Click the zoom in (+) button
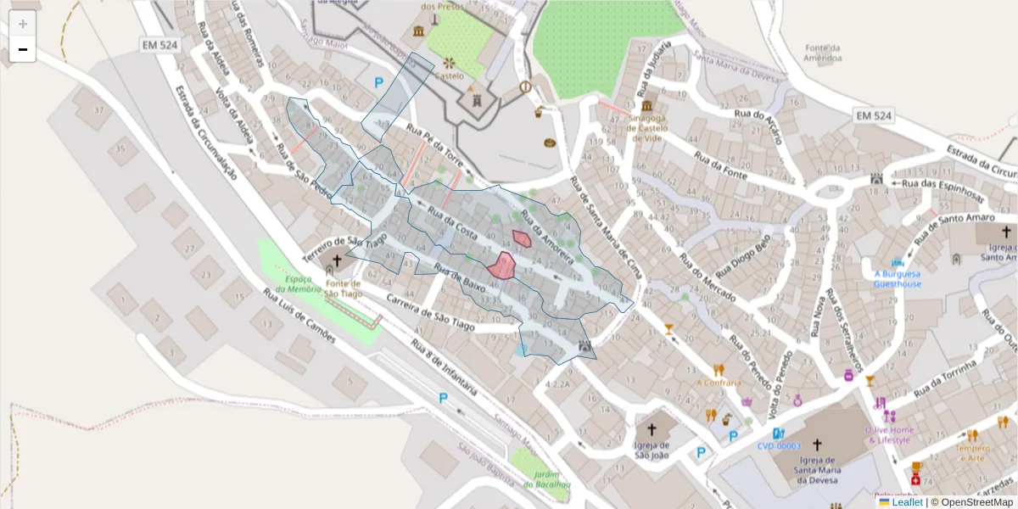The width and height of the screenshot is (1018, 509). pyautogui.click(x=23, y=24)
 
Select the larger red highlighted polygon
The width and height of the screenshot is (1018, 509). pyautogui.click(x=501, y=266)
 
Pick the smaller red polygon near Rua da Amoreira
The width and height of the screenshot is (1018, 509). pyautogui.click(x=522, y=238)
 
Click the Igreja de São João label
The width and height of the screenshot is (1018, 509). pyautogui.click(x=652, y=450)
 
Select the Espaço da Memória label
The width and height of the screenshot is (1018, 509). pyautogui.click(x=303, y=283)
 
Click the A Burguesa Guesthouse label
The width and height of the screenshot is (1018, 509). pyautogui.click(x=898, y=278)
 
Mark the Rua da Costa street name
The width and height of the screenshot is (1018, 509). pyautogui.click(x=453, y=222)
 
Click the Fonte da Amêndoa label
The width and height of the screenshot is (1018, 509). pyautogui.click(x=823, y=53)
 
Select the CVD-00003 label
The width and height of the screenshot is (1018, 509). pyautogui.click(x=779, y=445)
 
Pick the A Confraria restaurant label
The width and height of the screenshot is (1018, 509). pyautogui.click(x=719, y=382)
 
